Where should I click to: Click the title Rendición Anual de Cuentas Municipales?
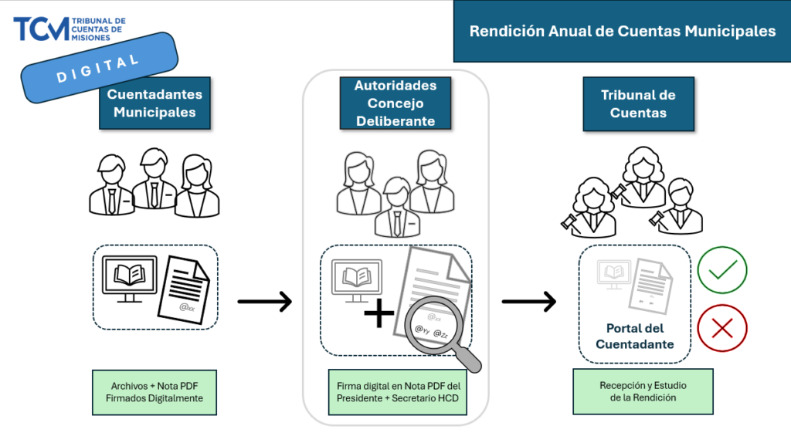623,32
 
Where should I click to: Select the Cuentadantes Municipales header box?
154,103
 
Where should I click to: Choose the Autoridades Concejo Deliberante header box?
395,103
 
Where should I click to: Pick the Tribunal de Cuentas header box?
638,103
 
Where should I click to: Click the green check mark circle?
722,269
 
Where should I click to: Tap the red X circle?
722,328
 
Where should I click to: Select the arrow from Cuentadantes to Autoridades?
264,301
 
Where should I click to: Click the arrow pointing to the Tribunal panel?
528,301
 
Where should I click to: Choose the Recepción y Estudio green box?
643,391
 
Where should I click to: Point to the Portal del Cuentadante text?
634,336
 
